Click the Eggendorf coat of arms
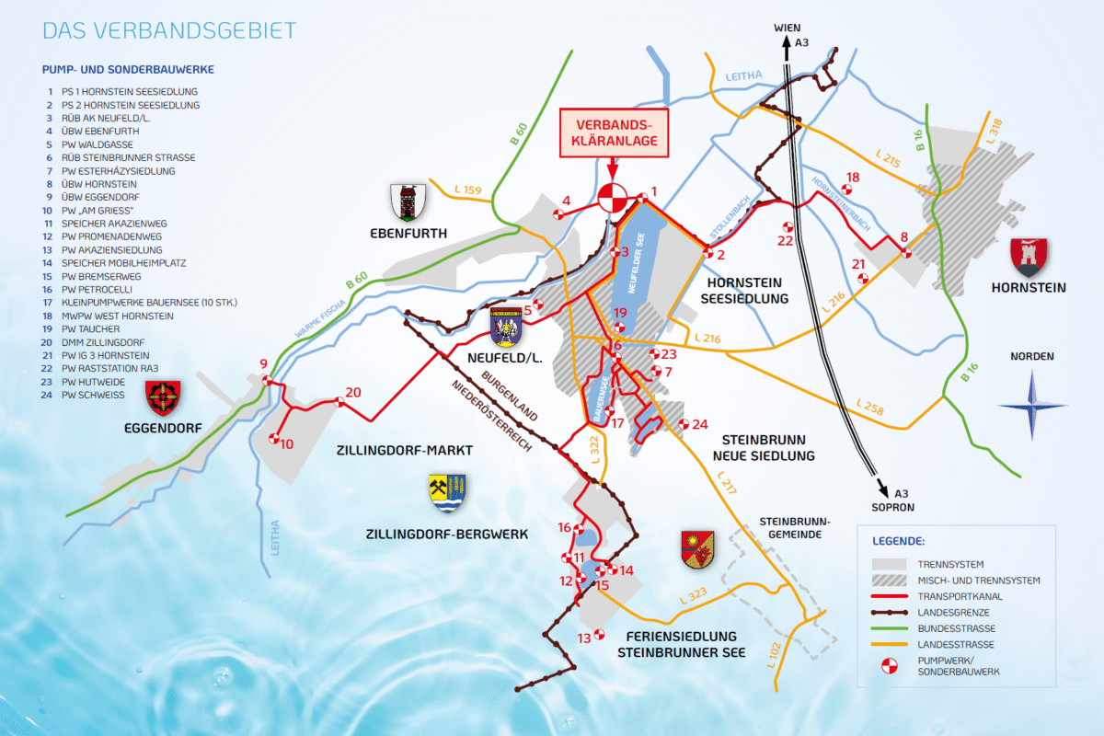coord(164,397)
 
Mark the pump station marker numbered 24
coord(684,424)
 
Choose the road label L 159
coord(468,191)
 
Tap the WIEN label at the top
coord(787,29)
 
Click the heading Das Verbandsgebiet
coord(169,30)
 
